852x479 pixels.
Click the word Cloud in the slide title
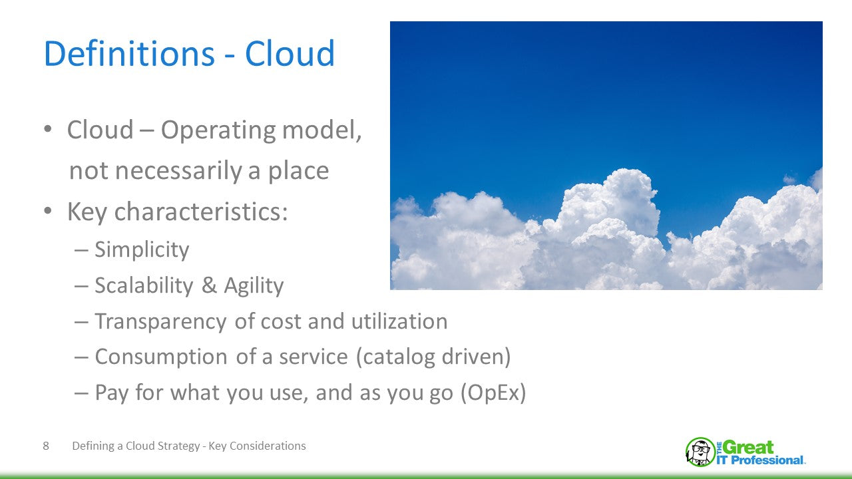(x=290, y=54)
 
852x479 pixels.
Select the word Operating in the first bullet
(x=218, y=130)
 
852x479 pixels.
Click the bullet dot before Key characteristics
(x=48, y=212)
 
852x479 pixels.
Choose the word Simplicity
(x=142, y=249)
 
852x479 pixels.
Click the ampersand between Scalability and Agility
(x=209, y=285)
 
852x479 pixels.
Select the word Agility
(x=254, y=285)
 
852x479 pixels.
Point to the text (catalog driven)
(x=433, y=357)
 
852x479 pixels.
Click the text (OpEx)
(x=493, y=393)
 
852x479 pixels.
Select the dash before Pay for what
(x=81, y=393)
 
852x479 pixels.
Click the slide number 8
(x=46, y=446)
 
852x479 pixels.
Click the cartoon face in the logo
(x=700, y=452)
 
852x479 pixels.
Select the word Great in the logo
(x=748, y=447)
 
